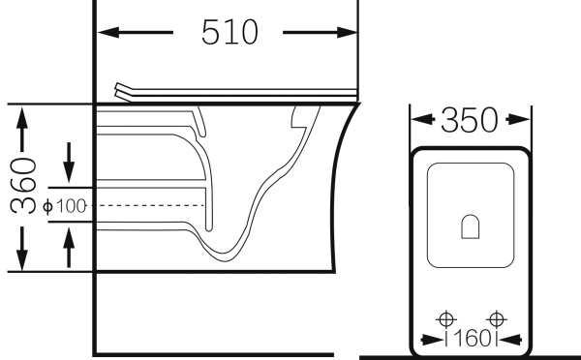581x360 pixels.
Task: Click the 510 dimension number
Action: coord(229,32)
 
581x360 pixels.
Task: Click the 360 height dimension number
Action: coord(23,186)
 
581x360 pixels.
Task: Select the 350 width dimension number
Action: coord(470,120)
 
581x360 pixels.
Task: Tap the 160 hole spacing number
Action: coord(471,339)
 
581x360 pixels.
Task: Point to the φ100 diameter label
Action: coord(65,206)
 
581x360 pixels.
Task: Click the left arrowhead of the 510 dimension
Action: coord(108,32)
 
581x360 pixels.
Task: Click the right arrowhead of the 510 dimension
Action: coord(347,32)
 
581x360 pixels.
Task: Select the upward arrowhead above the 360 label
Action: coord(22,118)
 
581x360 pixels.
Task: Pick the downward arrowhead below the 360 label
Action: coord(22,259)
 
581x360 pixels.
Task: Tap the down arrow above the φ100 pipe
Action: coord(69,163)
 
